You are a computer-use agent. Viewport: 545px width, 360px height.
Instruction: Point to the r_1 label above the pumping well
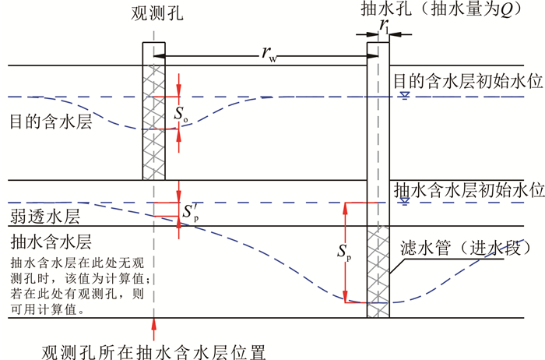[384, 25]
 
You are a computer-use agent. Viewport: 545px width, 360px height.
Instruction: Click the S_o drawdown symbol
[181, 114]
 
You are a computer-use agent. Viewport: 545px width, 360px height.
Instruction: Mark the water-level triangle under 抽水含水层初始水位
[403, 202]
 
